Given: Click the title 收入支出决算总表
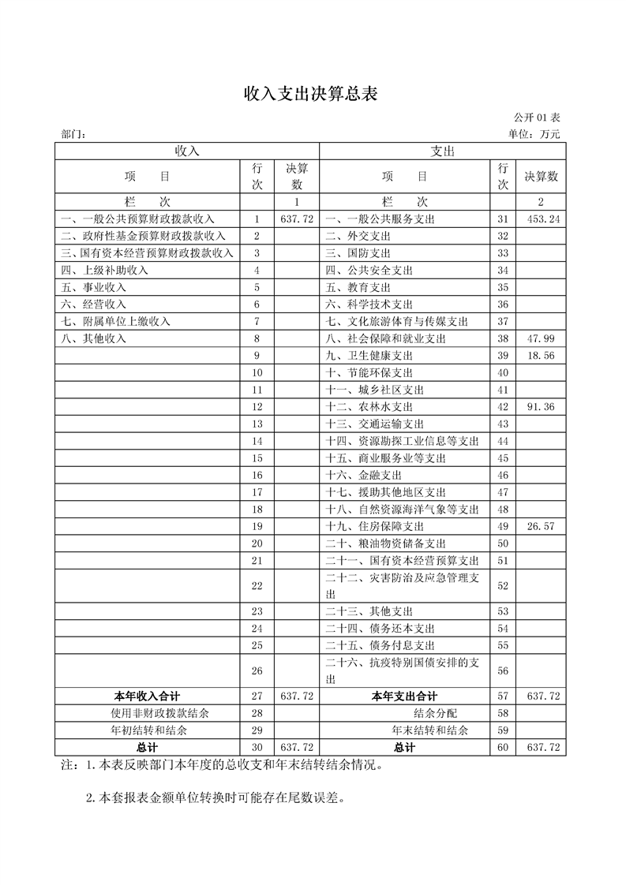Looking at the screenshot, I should point(312,94).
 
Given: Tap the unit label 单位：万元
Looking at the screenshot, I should point(534,134).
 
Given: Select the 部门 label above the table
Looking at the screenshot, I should point(73,134).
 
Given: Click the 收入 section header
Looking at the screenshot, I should point(187,151).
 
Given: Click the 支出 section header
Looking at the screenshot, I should point(442,151).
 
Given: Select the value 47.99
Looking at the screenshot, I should point(544,338).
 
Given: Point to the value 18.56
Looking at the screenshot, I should point(544,356).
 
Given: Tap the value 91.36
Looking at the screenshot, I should point(544,407).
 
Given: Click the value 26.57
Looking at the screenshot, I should point(544,526).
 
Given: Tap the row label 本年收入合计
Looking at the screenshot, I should point(147,696).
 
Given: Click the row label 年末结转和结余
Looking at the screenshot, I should point(429,730).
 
